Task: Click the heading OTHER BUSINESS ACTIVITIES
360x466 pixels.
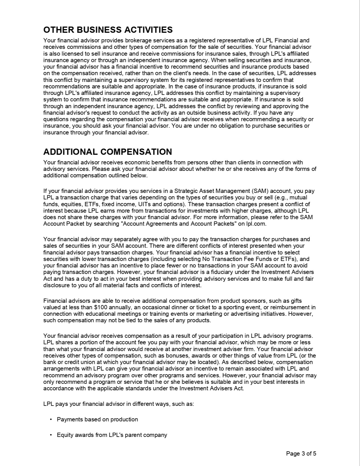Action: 108,30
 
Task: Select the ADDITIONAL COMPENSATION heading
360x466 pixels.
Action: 108,152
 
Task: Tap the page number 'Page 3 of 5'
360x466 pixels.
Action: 301,454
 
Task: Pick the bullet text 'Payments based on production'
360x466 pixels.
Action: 97,419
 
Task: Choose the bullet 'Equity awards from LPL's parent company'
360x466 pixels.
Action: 112,435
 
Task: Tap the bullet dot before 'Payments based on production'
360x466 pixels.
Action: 51,419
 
